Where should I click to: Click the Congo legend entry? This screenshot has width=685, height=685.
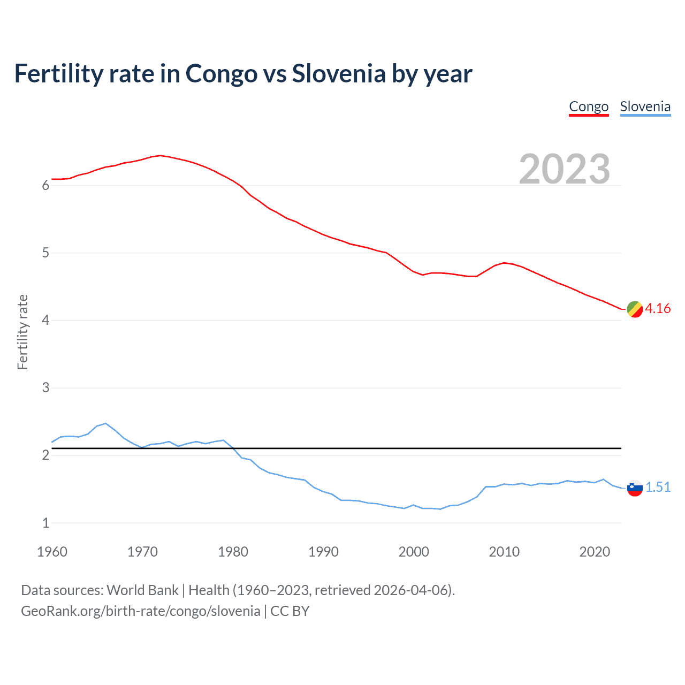pyautogui.click(x=589, y=106)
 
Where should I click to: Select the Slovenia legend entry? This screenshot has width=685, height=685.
pyautogui.click(x=645, y=106)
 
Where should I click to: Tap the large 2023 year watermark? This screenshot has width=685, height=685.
pyautogui.click(x=564, y=169)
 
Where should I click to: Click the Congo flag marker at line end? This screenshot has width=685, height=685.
pyautogui.click(x=635, y=309)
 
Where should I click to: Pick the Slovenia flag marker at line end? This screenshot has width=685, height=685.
pyautogui.click(x=635, y=488)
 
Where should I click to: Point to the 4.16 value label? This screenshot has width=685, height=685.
pyautogui.click(x=658, y=309)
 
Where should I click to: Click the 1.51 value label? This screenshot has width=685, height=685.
pyautogui.click(x=658, y=488)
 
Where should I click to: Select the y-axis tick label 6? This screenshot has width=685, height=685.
pyautogui.click(x=45, y=186)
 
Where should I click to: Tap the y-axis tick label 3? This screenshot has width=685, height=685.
pyautogui.click(x=45, y=388)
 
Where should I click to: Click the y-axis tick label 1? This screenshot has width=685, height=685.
pyautogui.click(x=45, y=523)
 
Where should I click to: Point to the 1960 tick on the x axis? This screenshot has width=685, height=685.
pyautogui.click(x=52, y=552)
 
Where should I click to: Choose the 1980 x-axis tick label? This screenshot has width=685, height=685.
pyautogui.click(x=233, y=552)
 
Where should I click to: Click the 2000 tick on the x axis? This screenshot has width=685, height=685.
pyautogui.click(x=414, y=552)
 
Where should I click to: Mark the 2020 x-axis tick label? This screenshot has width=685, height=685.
pyautogui.click(x=595, y=552)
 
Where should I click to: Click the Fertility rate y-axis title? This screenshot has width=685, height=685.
pyautogui.click(x=22, y=332)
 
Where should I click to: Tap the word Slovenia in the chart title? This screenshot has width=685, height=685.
pyautogui.click(x=338, y=74)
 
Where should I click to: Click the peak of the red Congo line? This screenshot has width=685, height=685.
pyautogui.click(x=160, y=155)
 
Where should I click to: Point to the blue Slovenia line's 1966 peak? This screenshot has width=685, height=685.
pyautogui.click(x=105, y=423)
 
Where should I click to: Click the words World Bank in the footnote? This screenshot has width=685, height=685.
pyautogui.click(x=142, y=590)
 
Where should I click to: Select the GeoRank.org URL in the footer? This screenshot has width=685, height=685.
pyautogui.click(x=140, y=611)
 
